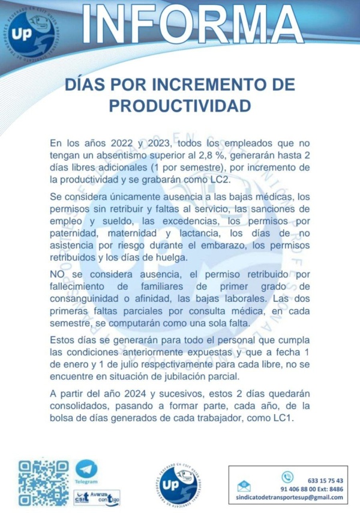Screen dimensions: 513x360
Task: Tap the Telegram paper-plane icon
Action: pos(86,469)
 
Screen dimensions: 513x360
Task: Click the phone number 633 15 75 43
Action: pos(325,481)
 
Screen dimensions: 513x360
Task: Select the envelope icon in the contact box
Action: pos(244,487)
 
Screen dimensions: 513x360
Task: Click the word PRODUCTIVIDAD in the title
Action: pos(180,106)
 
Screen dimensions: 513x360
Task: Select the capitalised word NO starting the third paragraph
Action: pos(57,275)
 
